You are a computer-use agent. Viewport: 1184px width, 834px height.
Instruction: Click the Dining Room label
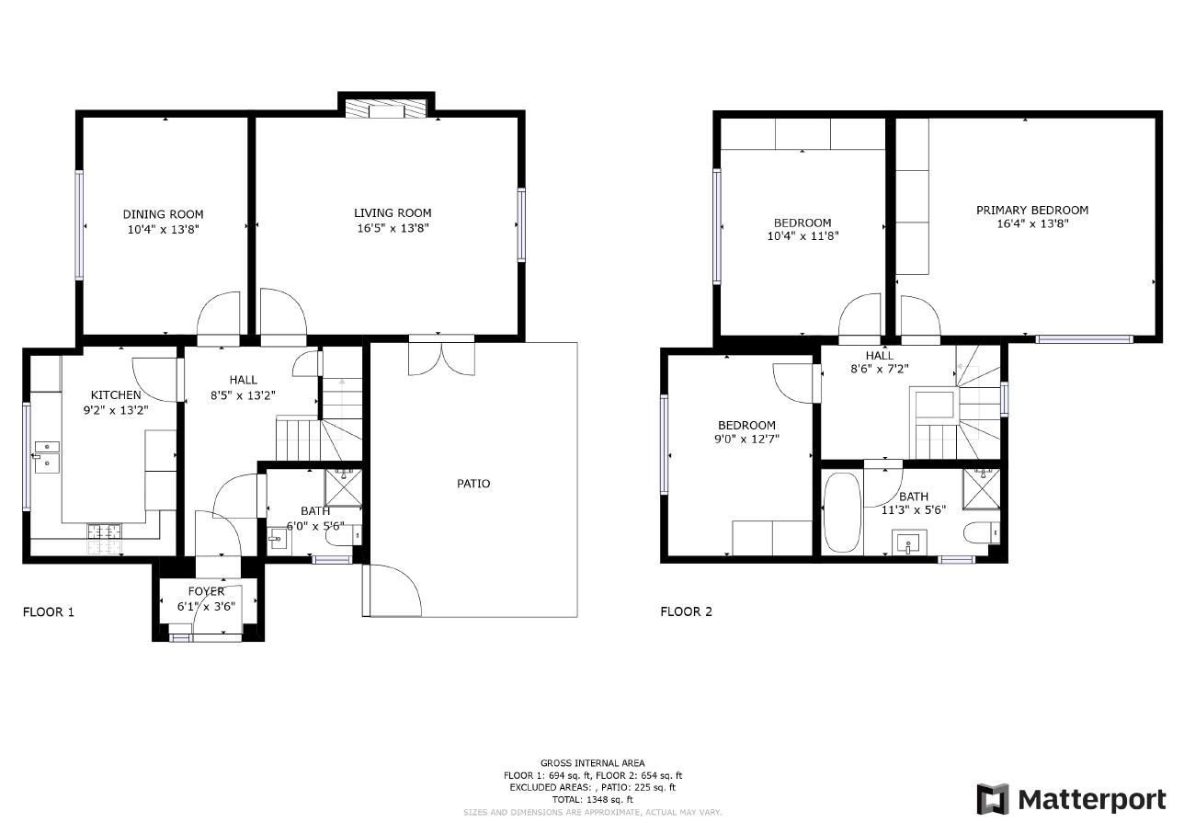tap(163, 214)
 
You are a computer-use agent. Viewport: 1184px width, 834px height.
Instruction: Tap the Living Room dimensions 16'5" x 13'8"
tap(393, 228)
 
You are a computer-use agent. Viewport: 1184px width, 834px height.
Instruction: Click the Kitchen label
tap(115, 395)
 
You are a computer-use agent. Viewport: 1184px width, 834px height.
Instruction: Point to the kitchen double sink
tap(46, 456)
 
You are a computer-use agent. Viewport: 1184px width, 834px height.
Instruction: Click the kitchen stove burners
tap(105, 531)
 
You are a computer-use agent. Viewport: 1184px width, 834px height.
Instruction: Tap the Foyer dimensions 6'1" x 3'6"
tap(206, 606)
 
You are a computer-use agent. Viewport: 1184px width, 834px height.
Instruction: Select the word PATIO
tap(473, 484)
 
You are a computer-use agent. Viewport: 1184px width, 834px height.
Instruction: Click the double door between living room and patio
tap(442, 357)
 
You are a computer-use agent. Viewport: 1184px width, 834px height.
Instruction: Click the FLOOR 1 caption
tap(48, 611)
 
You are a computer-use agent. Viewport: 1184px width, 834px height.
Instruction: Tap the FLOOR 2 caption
tap(686, 611)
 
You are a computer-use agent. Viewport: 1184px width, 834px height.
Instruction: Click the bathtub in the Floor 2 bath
tap(841, 511)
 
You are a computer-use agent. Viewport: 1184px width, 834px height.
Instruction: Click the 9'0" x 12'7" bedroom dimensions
tap(746, 439)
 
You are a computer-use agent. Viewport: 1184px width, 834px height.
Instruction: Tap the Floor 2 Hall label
tap(879, 356)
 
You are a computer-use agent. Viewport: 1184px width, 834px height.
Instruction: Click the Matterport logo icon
tap(992, 799)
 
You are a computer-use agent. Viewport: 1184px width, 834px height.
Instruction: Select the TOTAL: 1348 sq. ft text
tap(591, 800)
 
